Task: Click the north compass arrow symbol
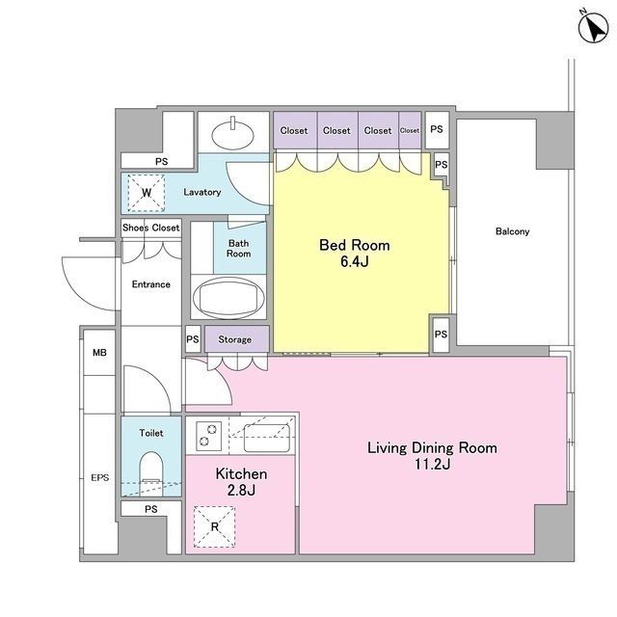coord(594,28)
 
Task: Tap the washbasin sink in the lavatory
coord(232,134)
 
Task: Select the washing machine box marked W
coord(147,193)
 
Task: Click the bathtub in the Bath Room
coord(228,298)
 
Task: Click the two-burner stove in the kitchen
coord(208,435)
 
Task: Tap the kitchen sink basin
coord(267,438)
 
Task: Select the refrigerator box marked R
coord(214,526)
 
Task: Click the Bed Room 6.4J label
coord(354,253)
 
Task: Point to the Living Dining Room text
coord(432,447)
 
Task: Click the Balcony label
coord(512,231)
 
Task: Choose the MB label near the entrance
coord(99,353)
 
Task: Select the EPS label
coord(100,478)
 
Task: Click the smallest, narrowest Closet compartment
coord(410,130)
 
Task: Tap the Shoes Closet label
coord(150,228)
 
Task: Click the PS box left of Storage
coord(193,338)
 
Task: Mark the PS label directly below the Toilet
coord(150,509)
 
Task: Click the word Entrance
coord(151,284)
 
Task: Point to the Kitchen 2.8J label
coord(241,482)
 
